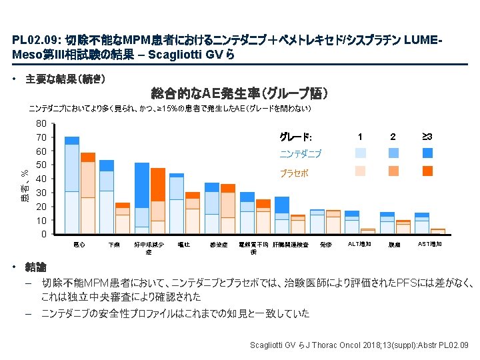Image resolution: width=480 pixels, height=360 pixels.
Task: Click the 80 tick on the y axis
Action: click(x=41, y=123)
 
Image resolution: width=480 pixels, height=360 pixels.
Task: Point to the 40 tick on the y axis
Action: click(x=41, y=179)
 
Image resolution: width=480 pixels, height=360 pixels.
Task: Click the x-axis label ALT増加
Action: click(x=360, y=245)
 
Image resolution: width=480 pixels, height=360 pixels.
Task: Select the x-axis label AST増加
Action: click(x=429, y=245)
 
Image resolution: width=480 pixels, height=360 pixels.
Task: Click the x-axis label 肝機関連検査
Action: click(x=290, y=245)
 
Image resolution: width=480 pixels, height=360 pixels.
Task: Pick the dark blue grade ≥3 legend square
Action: click(x=427, y=153)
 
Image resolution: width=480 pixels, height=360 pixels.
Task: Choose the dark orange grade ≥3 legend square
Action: click(x=427, y=171)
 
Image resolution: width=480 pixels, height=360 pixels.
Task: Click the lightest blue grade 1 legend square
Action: click(x=361, y=153)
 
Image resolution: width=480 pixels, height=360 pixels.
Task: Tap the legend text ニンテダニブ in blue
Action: click(x=300, y=154)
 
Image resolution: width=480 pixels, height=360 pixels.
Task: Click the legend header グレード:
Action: click(x=295, y=137)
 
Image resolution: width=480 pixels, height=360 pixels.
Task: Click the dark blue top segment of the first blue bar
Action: click(x=71, y=140)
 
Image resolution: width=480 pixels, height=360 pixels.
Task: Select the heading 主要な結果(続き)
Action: click(x=65, y=79)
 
